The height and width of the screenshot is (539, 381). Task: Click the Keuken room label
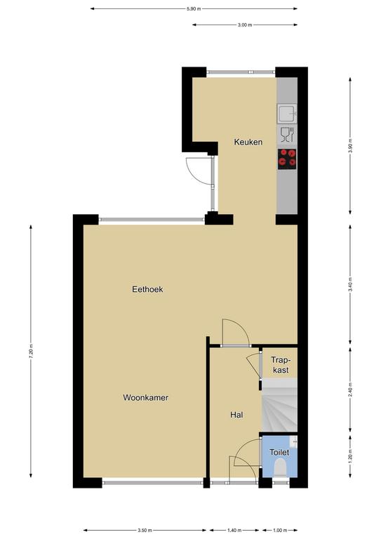click(248, 142)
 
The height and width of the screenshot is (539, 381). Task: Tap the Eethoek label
click(147, 289)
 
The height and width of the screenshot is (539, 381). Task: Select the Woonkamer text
click(146, 398)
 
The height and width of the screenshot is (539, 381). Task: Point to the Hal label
click(236, 415)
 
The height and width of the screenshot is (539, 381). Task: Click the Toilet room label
click(279, 453)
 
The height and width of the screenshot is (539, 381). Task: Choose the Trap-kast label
click(281, 365)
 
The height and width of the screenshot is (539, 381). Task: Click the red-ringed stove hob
click(287, 159)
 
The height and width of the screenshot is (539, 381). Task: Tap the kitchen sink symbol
click(287, 114)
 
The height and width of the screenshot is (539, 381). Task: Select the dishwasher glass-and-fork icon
click(287, 135)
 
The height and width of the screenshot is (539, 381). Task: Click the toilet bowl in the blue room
click(281, 467)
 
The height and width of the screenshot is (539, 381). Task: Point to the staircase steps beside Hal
click(279, 405)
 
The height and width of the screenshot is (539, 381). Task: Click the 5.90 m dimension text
click(194, 9)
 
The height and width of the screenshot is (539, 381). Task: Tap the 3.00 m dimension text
click(245, 25)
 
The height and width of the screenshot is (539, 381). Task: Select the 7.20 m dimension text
click(31, 351)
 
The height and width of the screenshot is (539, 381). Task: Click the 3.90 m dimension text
click(350, 145)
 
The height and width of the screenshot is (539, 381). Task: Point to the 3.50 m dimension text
click(145, 530)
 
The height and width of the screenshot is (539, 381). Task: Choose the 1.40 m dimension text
click(234, 530)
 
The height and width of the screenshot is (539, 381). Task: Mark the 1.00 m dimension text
click(280, 530)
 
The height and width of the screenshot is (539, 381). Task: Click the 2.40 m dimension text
click(350, 390)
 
